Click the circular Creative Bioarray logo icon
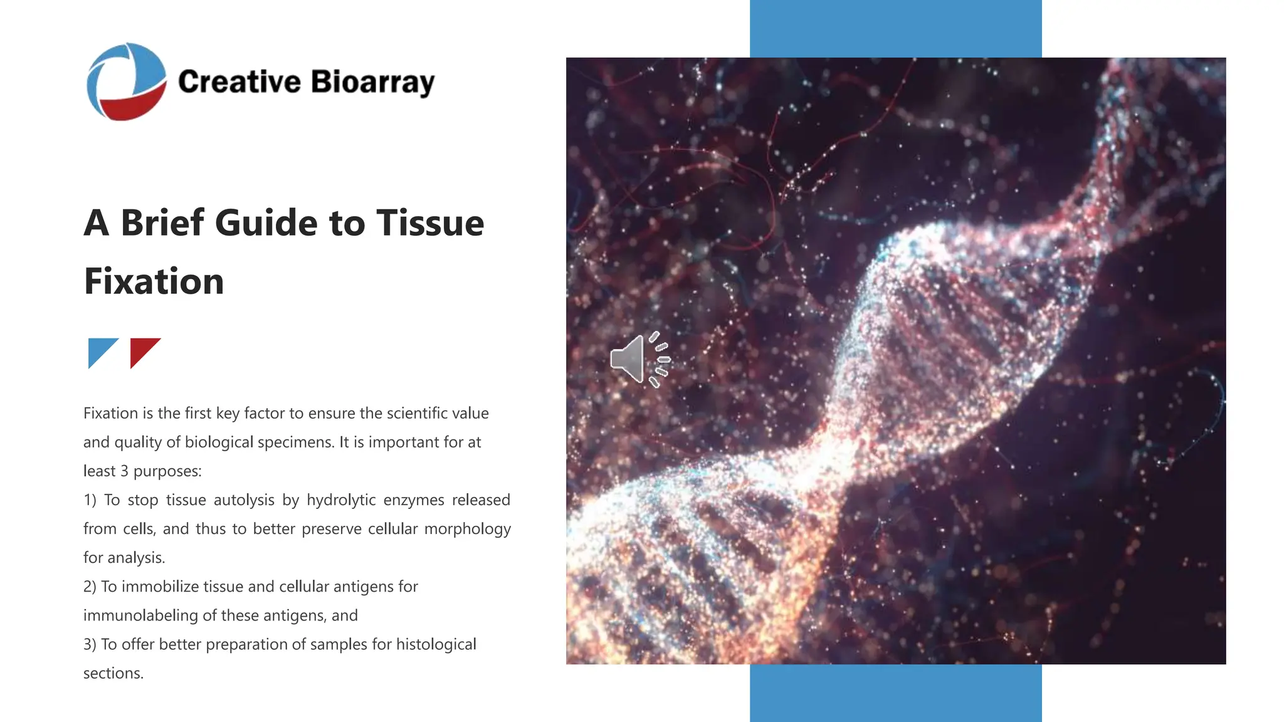[127, 81]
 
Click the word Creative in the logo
[239, 82]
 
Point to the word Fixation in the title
[154, 281]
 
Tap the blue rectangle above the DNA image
[895, 28]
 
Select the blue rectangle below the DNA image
[895, 693]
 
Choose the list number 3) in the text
[90, 644]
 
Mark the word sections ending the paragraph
[113, 673]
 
